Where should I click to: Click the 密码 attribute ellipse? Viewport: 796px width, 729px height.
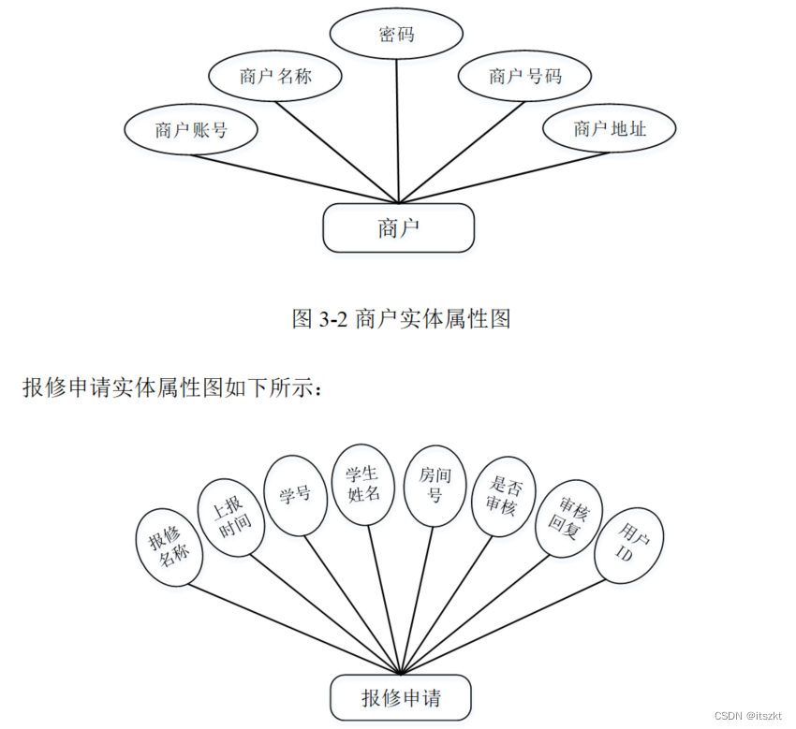397,36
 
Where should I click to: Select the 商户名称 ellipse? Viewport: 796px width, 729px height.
274,77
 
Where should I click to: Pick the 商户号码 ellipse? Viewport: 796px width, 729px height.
524,77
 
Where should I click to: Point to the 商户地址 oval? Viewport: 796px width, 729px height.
610,129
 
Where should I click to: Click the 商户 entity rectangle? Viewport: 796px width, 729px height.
399,228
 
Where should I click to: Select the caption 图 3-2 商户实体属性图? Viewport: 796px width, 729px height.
401,319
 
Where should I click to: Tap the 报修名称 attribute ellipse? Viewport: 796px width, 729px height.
169,547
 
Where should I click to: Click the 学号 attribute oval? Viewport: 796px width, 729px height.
295,494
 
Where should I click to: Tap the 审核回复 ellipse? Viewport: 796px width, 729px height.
567,518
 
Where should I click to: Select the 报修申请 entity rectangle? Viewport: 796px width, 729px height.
401,698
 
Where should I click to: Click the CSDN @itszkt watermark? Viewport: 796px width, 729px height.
747,715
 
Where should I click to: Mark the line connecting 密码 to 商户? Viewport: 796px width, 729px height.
399,131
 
